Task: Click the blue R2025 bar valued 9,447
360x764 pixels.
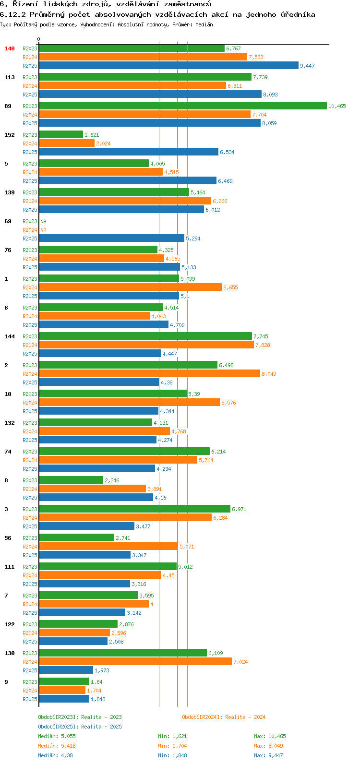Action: [168, 66]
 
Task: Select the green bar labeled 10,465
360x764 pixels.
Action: [182, 106]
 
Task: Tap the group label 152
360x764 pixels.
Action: [10, 135]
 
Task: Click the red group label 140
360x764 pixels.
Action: [10, 48]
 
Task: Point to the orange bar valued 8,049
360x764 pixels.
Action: [149, 374]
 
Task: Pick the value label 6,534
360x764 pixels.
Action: [227, 152]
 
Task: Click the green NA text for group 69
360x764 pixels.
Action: [43, 221]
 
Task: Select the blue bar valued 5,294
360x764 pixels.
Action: [111, 239]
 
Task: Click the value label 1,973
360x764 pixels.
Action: [102, 670]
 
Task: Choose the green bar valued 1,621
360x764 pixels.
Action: [61, 135]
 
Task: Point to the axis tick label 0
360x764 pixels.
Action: [39, 39]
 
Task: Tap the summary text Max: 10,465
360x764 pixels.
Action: [270, 736]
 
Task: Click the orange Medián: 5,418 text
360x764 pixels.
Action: [57, 746]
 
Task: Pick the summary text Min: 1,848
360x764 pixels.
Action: [172, 755]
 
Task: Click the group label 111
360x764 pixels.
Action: [10, 567]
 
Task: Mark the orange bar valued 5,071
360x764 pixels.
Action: [108, 547]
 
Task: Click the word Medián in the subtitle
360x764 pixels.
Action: [204, 24]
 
